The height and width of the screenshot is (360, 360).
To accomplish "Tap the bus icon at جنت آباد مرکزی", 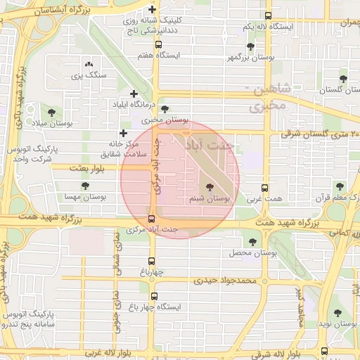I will [152, 218].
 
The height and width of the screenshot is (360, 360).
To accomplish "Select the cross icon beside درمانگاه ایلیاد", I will [134, 94].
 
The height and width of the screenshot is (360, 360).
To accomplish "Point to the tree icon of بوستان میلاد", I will [51, 111].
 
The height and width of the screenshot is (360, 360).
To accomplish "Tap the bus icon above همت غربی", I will [265, 188].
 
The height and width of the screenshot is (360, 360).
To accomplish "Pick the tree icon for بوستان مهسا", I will [85, 186].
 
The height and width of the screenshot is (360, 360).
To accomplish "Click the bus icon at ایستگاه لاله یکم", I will [268, 15].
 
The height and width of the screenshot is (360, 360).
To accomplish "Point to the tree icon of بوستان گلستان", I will [342, 79].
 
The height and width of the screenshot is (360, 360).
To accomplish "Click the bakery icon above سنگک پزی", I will [89, 64].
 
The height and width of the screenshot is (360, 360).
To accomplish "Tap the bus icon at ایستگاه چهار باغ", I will [154, 296].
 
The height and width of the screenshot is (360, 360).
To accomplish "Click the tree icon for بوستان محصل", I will [252, 242].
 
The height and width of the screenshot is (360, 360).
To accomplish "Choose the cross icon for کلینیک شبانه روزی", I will [153, 9].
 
